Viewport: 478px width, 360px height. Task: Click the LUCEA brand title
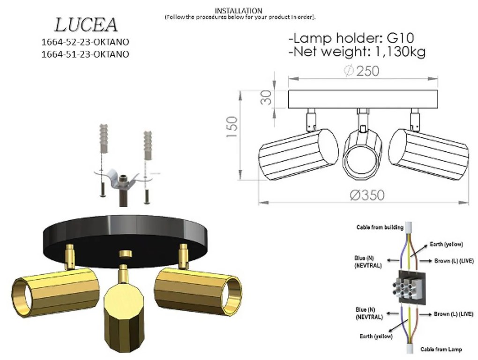86,25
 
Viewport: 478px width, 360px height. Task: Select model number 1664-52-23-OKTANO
85,42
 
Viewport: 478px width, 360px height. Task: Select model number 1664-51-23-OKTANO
85,54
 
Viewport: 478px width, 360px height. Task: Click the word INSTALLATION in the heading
238,10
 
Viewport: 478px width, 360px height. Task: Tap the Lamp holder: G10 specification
351,37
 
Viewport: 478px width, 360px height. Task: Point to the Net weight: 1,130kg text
357,52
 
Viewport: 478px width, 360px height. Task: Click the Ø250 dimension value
361,71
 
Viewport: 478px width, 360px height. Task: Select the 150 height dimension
232,127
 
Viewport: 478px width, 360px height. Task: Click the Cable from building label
380,227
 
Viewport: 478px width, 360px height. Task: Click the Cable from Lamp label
441,349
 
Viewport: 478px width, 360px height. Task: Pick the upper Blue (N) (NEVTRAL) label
368,261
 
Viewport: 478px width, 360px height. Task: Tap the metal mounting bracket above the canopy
120,178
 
